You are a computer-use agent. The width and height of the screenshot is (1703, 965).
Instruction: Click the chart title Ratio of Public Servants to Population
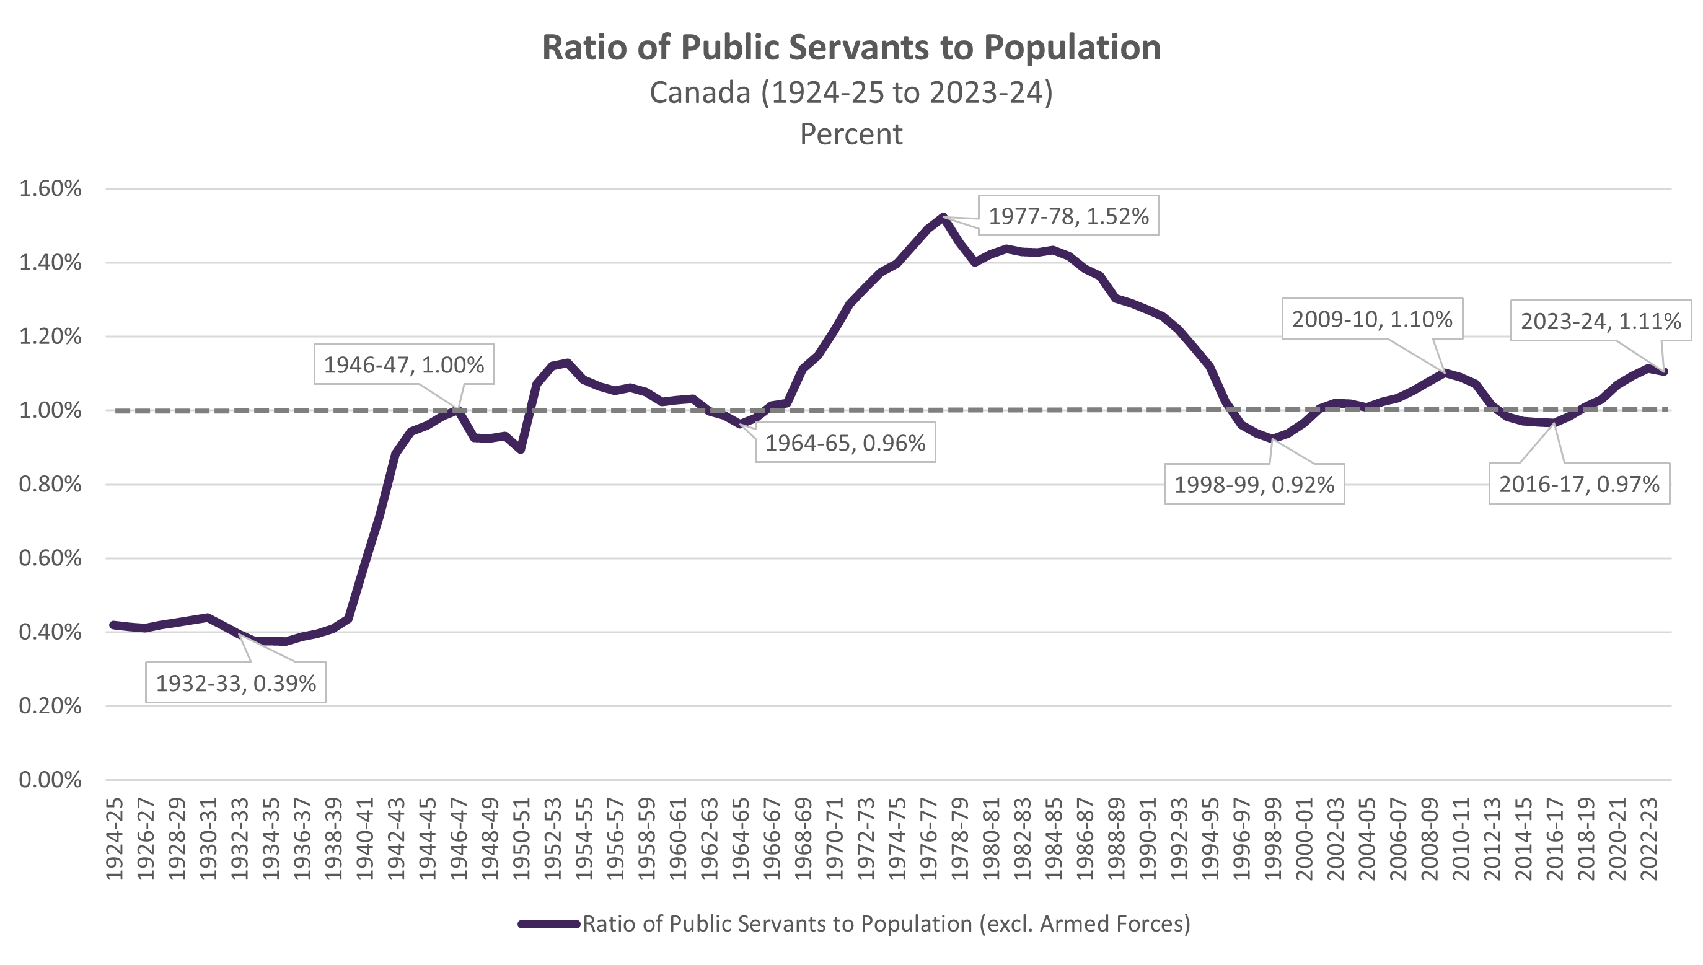tap(851, 48)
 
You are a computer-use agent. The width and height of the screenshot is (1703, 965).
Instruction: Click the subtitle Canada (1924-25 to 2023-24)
tap(851, 92)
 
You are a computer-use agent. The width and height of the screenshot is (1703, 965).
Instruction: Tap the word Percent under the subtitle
tap(851, 134)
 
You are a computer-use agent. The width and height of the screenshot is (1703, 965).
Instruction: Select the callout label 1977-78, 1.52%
tap(1068, 216)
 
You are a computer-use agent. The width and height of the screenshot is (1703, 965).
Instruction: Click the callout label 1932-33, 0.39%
tap(236, 682)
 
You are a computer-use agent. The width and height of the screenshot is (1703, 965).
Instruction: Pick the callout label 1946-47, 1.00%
tap(403, 364)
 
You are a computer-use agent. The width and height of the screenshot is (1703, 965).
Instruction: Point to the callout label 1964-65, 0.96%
tap(845, 443)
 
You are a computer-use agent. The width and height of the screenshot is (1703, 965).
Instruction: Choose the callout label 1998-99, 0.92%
tap(1254, 485)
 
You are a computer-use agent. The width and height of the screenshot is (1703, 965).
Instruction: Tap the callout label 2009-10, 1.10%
tap(1371, 319)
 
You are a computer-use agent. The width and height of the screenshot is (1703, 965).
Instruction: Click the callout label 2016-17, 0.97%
tap(1578, 485)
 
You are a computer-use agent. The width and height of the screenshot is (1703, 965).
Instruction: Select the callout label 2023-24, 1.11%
tap(1600, 322)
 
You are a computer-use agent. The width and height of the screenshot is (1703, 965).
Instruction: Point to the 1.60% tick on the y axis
tap(50, 189)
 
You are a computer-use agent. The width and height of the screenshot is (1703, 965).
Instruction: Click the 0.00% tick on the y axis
tap(50, 780)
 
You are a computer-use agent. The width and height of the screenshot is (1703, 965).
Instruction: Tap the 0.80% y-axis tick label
tap(50, 485)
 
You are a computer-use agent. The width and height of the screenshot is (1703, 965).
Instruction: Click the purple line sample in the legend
tap(548, 924)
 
